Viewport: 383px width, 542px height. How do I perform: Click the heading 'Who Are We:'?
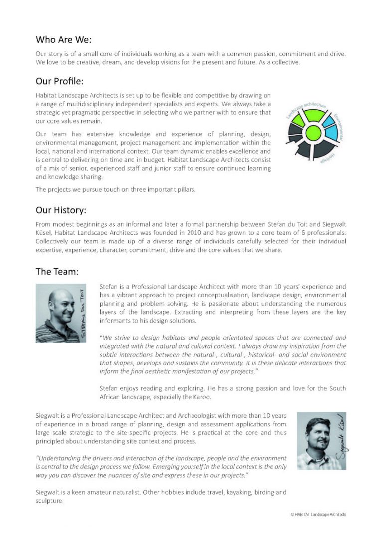point(64,40)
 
